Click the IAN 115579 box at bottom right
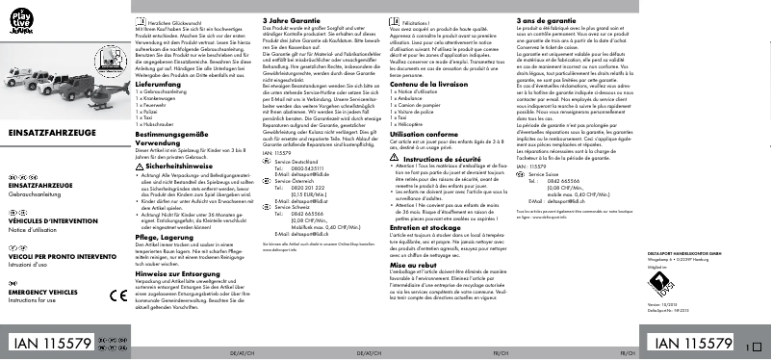pos(691,344)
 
